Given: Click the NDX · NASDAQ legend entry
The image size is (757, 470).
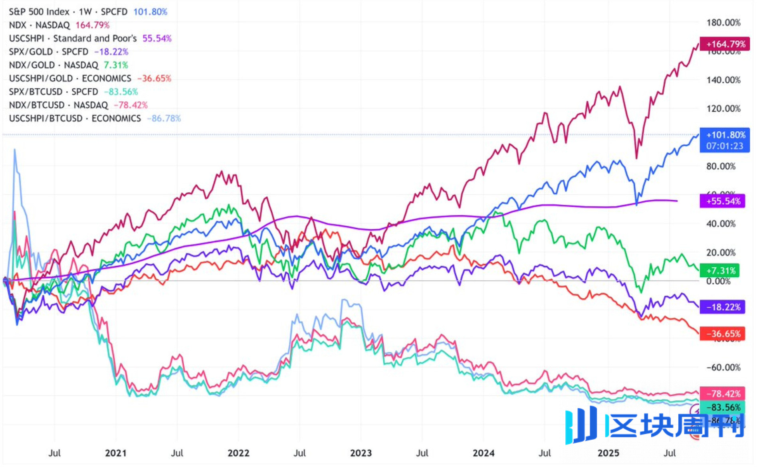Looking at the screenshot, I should (59, 25).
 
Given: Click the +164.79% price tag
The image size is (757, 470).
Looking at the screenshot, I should (725, 44).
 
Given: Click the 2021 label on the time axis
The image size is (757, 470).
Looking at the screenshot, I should (116, 453).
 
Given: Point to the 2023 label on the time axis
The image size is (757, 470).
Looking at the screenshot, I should (361, 453).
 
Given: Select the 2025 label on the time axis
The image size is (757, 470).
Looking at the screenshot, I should (608, 453).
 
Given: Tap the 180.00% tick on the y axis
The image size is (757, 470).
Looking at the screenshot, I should (723, 23).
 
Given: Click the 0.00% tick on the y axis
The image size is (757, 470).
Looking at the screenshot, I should (718, 281).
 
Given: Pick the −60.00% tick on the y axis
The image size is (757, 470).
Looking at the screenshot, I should (723, 367).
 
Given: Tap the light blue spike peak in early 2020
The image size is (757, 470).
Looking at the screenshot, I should (15, 150).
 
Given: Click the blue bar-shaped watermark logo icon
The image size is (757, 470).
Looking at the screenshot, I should (581, 425).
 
